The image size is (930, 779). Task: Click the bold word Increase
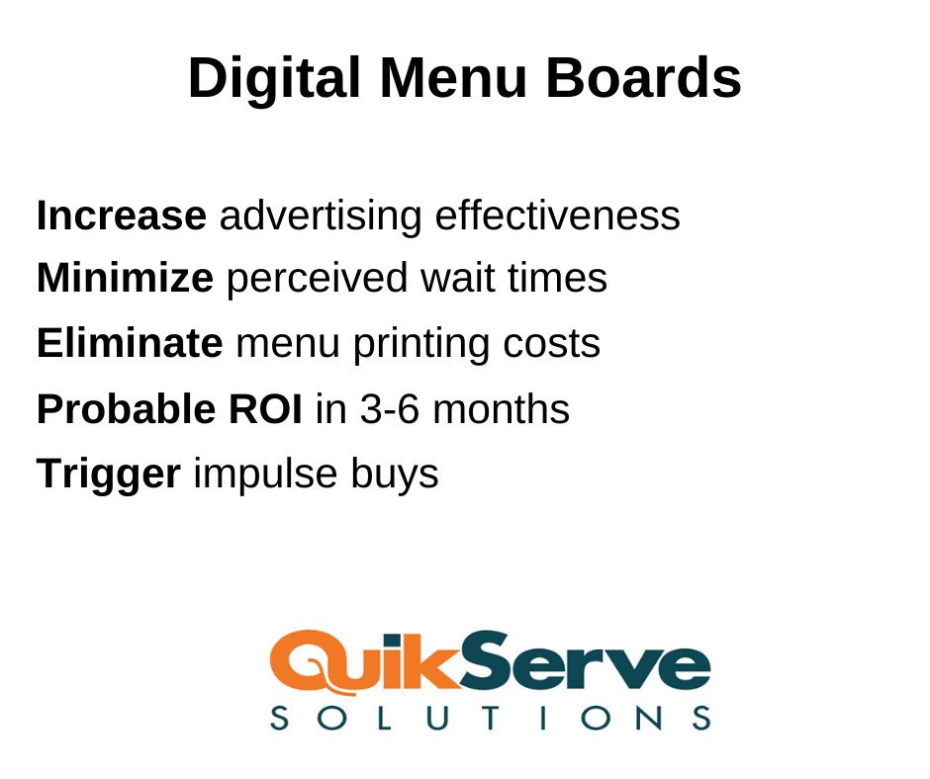tap(122, 216)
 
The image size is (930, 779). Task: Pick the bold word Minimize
tap(125, 279)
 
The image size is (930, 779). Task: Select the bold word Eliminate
tap(130, 343)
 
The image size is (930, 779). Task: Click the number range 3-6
tap(386, 408)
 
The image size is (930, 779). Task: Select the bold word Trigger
tap(109, 475)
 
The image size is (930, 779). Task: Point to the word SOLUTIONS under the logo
tap(490, 718)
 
